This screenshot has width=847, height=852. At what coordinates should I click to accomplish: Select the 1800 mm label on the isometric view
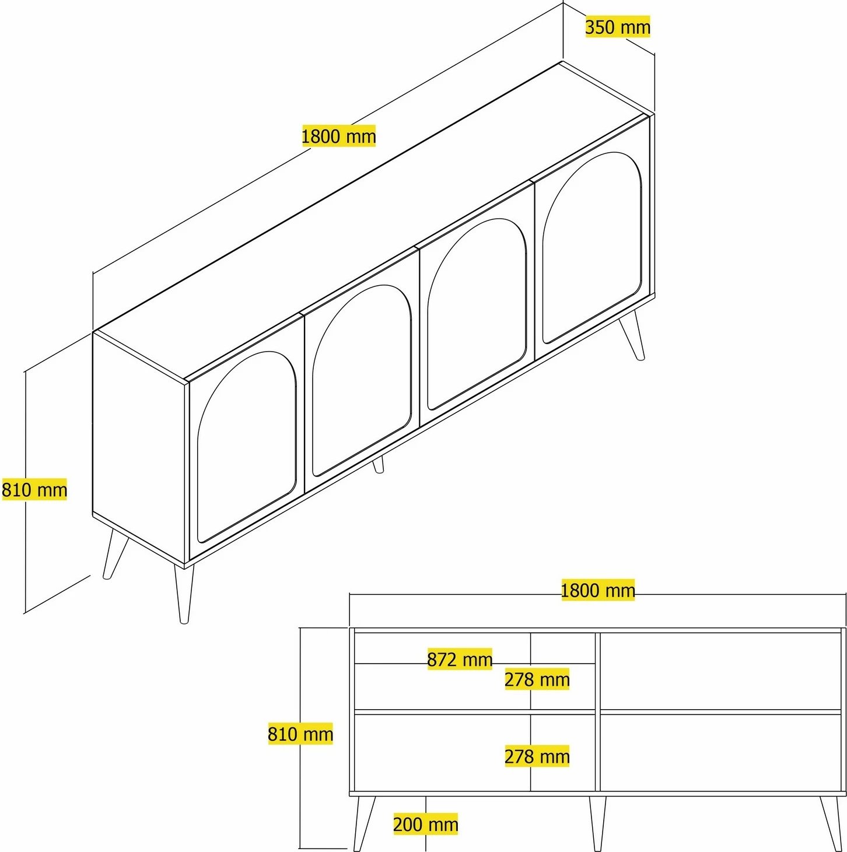(x=339, y=136)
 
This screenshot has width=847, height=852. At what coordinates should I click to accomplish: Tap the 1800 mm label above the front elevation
(x=598, y=590)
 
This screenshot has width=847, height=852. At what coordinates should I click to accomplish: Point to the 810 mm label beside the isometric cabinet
(x=34, y=489)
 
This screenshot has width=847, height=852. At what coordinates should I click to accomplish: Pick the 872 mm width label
(x=460, y=659)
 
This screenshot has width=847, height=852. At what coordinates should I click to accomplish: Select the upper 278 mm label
(x=537, y=679)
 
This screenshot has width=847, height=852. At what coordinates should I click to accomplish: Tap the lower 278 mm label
(x=537, y=756)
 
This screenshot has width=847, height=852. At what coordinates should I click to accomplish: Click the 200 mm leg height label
(x=425, y=824)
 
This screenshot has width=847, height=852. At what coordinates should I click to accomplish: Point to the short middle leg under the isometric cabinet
(x=378, y=465)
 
